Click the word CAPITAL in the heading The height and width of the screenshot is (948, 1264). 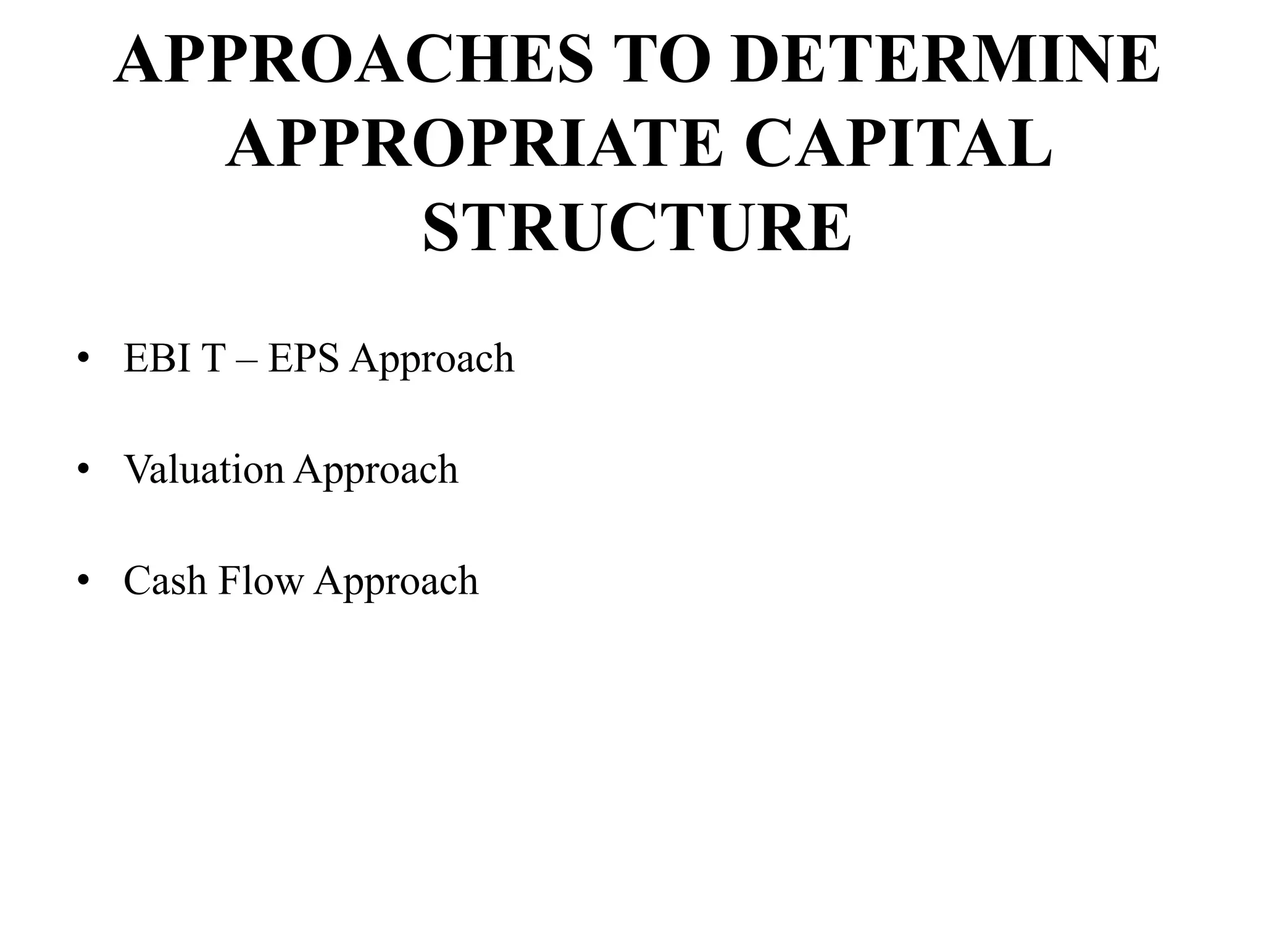(897, 143)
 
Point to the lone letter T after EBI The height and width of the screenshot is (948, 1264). (209, 358)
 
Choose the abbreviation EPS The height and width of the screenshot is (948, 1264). (304, 358)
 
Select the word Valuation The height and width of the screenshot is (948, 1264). (204, 470)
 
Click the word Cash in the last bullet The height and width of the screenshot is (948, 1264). (165, 581)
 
